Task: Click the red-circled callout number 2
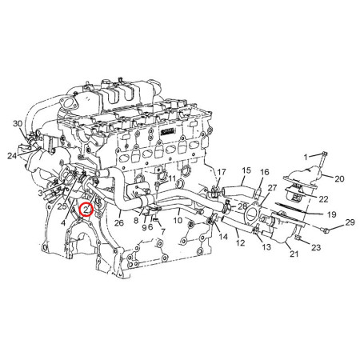click(x=87, y=211)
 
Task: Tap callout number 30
click(x=18, y=124)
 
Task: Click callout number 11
click(x=172, y=178)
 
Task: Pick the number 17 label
click(x=222, y=172)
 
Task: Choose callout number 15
click(x=246, y=170)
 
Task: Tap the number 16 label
click(x=265, y=173)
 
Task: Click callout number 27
click(x=272, y=188)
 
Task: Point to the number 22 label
click(x=324, y=198)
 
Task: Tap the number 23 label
click(x=316, y=248)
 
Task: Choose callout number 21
click(x=294, y=254)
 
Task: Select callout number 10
click(x=178, y=220)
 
